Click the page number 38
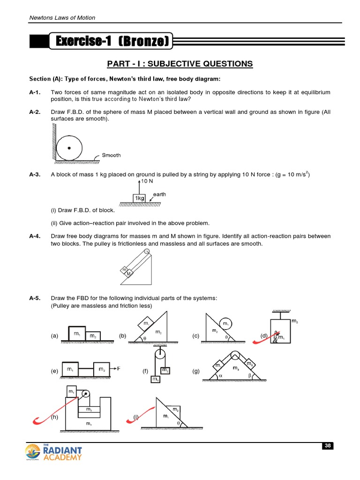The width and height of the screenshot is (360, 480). [x=327, y=446]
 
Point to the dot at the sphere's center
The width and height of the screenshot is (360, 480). [x=69, y=148]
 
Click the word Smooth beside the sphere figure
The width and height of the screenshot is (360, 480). [x=111, y=155]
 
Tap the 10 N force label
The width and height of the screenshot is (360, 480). [x=147, y=181]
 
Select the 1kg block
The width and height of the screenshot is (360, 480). [x=139, y=198]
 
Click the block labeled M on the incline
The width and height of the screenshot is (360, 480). [x=128, y=274]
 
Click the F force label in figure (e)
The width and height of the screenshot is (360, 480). [x=119, y=368]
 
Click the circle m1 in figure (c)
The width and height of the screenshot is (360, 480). [x=225, y=324]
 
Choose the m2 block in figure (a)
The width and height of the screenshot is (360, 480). [x=93, y=336]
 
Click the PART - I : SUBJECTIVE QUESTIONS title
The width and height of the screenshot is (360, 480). [x=180, y=64]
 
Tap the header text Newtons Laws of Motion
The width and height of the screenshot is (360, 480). [x=62, y=18]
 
